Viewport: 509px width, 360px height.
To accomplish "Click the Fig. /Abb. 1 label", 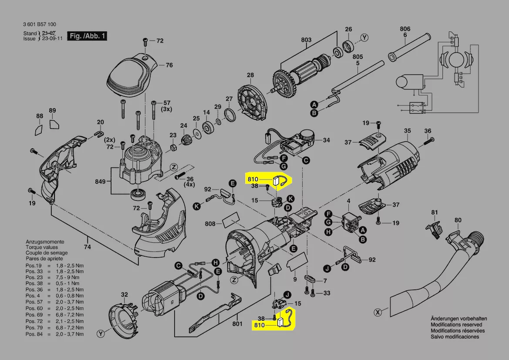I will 87,36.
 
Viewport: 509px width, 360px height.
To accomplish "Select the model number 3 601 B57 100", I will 40,24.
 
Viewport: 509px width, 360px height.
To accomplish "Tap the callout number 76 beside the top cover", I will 169,65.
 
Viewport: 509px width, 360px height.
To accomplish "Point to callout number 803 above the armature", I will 306,40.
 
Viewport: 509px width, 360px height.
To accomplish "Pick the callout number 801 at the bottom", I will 237,324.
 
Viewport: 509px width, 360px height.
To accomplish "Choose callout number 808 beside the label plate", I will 210,224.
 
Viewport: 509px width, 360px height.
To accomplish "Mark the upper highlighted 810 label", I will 253,179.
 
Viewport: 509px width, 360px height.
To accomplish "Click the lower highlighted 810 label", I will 259,325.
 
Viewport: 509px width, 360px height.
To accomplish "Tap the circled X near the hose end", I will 378,312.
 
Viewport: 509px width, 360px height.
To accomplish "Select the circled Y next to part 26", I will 364,37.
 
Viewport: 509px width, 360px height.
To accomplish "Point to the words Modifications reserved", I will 456,325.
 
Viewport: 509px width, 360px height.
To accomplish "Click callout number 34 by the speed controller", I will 326,140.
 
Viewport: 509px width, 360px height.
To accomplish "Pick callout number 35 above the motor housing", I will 407,131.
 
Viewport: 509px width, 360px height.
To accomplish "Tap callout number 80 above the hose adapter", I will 458,220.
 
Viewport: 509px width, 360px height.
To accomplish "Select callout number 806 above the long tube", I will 405,29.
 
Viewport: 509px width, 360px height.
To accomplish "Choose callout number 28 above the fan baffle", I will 250,75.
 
